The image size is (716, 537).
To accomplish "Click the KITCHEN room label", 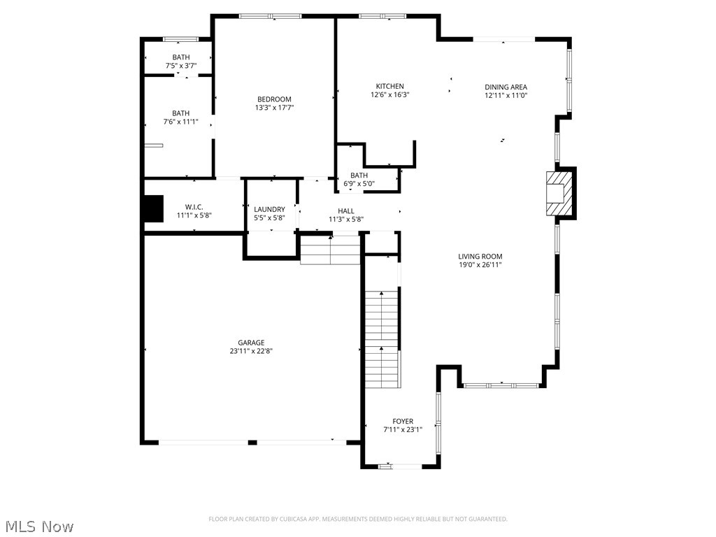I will pos(389,86).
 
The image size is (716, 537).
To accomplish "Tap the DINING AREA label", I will pos(506,87).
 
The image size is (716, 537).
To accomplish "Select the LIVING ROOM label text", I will pos(480,257).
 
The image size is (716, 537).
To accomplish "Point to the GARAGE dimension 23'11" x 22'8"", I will pos(250,352).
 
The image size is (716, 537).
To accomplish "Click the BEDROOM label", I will pos(273,99).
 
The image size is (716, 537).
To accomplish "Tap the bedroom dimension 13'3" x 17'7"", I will pos(273,108).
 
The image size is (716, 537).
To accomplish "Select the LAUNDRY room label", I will pos(269,209).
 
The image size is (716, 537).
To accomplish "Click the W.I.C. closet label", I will pos(194,207).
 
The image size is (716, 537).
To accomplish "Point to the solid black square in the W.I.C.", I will pos(152,208).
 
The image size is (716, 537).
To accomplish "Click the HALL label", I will pos(346,210).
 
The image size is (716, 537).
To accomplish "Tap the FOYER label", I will pos(402,421).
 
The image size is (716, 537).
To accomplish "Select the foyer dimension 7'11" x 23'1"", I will pos(402,430).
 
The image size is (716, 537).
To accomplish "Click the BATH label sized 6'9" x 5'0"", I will pos(359,176).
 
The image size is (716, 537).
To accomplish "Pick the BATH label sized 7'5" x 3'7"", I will pos(180,57).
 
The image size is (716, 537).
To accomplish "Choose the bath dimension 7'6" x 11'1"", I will pos(180,122).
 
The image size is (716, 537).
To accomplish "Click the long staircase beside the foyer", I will pos(382,338).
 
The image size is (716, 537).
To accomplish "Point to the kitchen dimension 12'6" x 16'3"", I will pos(389,95).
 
